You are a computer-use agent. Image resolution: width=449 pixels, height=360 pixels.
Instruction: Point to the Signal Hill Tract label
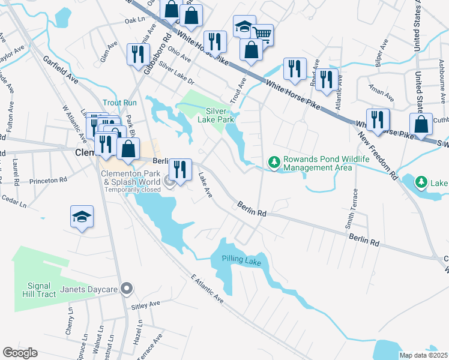tap(41, 290)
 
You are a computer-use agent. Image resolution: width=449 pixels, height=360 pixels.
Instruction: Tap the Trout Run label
tap(119, 103)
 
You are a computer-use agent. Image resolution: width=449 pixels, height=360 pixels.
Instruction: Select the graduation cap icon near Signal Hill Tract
tap(82, 217)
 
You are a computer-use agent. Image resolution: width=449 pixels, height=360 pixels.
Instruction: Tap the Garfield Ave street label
tap(61, 69)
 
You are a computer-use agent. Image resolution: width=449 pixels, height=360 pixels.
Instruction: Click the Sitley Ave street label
tap(146, 305)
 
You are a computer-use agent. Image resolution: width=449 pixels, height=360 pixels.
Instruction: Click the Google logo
tap(20, 353)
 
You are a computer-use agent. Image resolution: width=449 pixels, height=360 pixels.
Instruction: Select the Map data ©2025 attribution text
tap(423, 355)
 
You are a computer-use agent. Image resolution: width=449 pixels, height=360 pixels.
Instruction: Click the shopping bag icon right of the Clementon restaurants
tap(128, 149)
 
